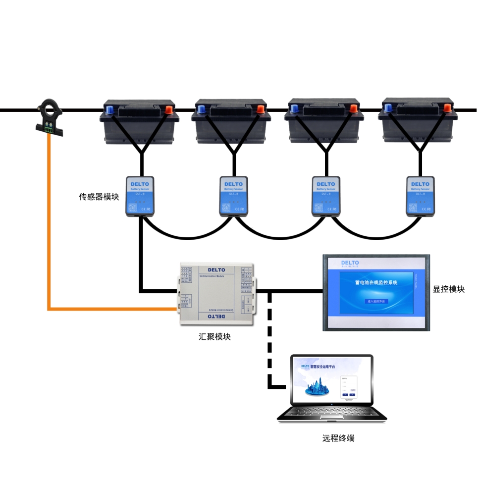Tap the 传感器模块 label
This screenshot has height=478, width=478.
coord(99,197)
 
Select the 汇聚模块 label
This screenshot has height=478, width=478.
coord(214,337)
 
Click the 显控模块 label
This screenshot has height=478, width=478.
coord(449,289)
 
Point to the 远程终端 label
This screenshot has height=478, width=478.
coord(338,438)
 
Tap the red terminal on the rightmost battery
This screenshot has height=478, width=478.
coord(447,106)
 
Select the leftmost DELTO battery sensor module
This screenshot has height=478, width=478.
coord(140,196)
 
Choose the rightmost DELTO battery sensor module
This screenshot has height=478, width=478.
coord(421,196)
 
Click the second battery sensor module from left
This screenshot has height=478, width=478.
coord(234,196)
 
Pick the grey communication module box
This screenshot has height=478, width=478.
coord(216,294)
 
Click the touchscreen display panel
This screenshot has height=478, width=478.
coord(376,292)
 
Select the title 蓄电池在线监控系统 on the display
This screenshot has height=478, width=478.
coord(376,283)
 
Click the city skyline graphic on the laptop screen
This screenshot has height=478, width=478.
coord(317,387)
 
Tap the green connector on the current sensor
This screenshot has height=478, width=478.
coord(49,129)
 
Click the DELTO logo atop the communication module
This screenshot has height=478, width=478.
coord(216,270)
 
